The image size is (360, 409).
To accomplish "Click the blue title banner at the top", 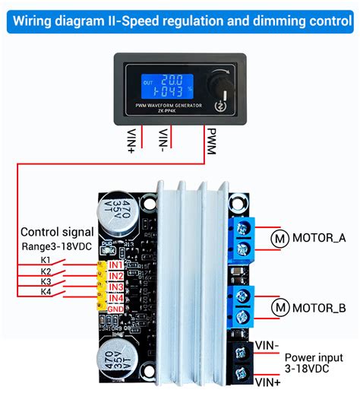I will click(180, 16).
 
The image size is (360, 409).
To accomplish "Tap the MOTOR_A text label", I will click(319, 237).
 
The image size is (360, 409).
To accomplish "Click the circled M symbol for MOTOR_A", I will click(279, 237).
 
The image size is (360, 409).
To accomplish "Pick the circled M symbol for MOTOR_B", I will click(279, 308).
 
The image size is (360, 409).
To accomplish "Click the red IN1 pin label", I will click(115, 265).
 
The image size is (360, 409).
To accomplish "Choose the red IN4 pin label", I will click(115, 298).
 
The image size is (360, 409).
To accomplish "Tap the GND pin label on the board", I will click(115, 309).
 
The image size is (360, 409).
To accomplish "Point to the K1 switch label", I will click(46, 259).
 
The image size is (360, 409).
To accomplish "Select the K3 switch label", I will click(46, 281).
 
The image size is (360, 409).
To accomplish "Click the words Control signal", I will click(57, 232).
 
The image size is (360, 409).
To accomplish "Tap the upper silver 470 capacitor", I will click(118, 212).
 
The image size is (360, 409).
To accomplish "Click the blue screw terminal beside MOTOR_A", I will click(245, 236).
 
